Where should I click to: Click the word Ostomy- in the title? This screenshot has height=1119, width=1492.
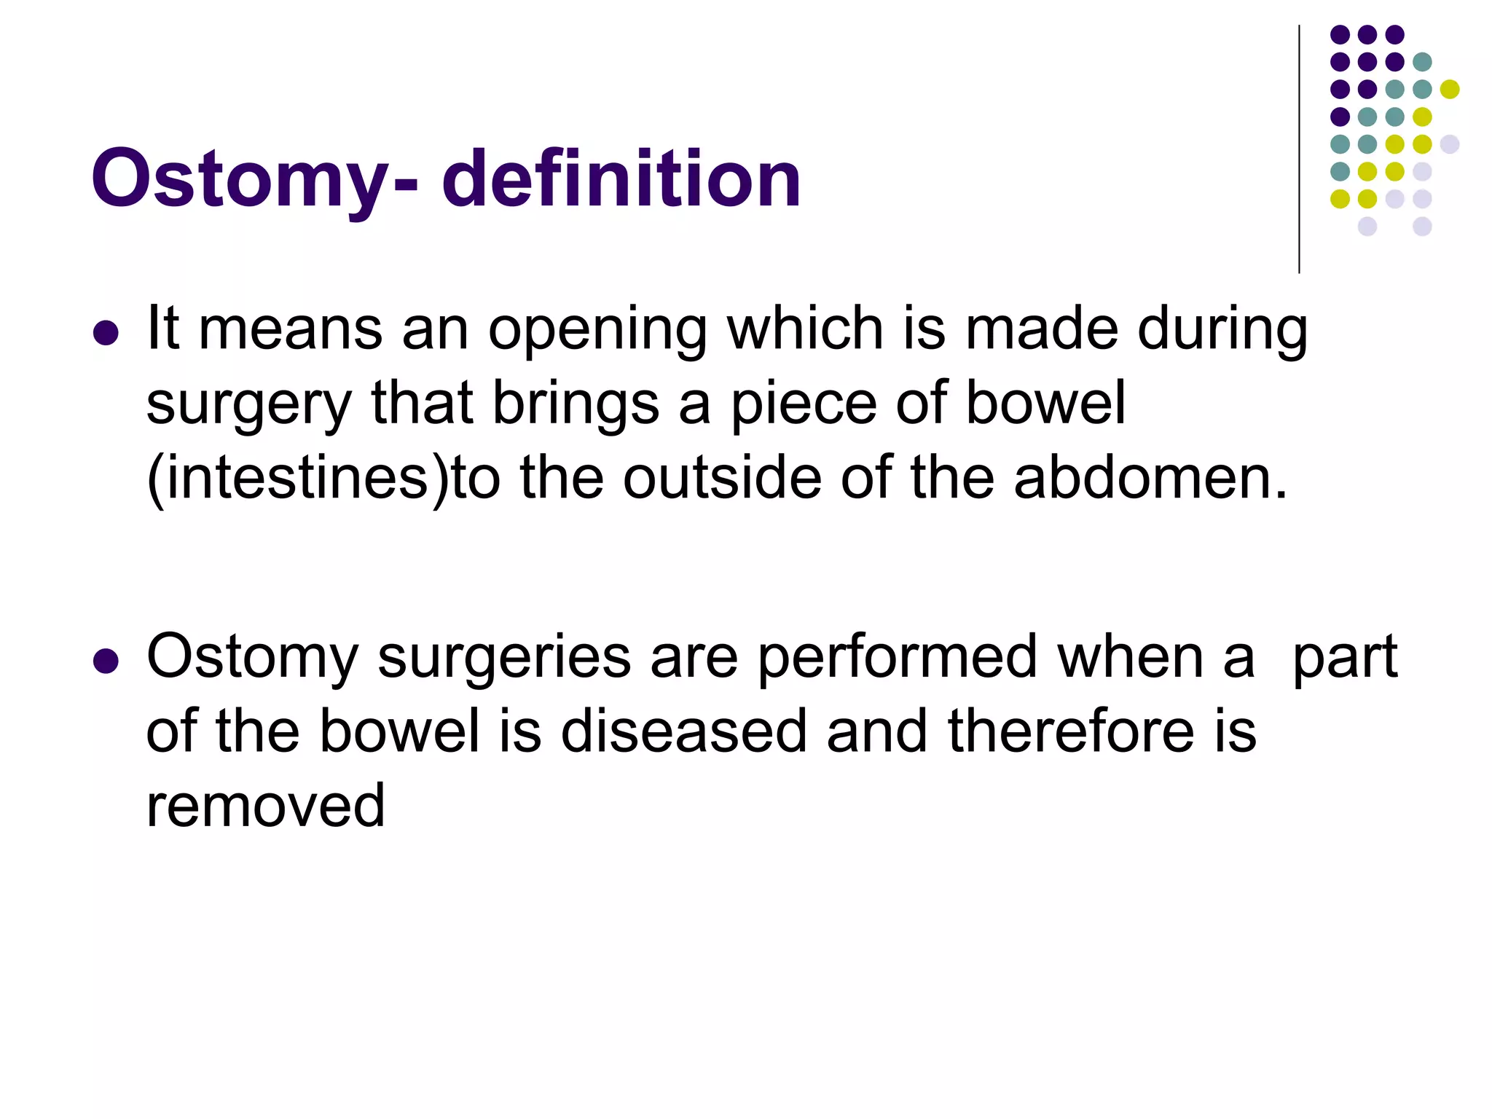click(254, 180)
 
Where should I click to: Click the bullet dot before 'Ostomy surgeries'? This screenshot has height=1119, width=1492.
click(106, 661)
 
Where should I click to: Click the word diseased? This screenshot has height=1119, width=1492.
click(683, 731)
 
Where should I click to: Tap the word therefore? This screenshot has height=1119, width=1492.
click(1070, 731)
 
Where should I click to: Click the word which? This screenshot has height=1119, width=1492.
click(805, 329)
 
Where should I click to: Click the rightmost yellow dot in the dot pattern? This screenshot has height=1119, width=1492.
click(1450, 90)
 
